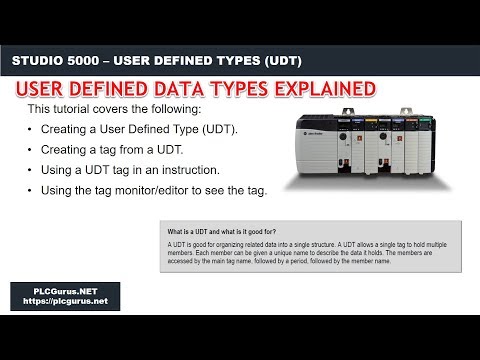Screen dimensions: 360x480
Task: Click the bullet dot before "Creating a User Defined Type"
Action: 33,130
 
